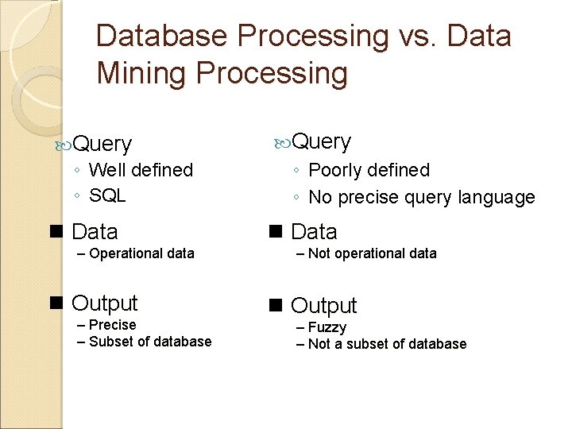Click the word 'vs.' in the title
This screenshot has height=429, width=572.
point(416,37)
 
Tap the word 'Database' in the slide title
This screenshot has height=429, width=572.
point(161,37)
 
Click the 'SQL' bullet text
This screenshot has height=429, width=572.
point(107,195)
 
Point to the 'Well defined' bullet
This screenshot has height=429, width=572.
point(141,170)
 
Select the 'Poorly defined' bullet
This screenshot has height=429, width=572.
point(369,170)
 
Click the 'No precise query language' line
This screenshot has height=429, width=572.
point(421,197)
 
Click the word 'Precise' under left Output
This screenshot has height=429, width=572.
point(112,325)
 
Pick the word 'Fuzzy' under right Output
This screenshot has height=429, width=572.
point(327,327)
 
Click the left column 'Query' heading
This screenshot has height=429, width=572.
point(102,144)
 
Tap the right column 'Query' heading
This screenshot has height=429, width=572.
point(321,141)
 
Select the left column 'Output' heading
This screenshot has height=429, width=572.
point(104,303)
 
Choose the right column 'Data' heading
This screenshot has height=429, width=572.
point(314,232)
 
